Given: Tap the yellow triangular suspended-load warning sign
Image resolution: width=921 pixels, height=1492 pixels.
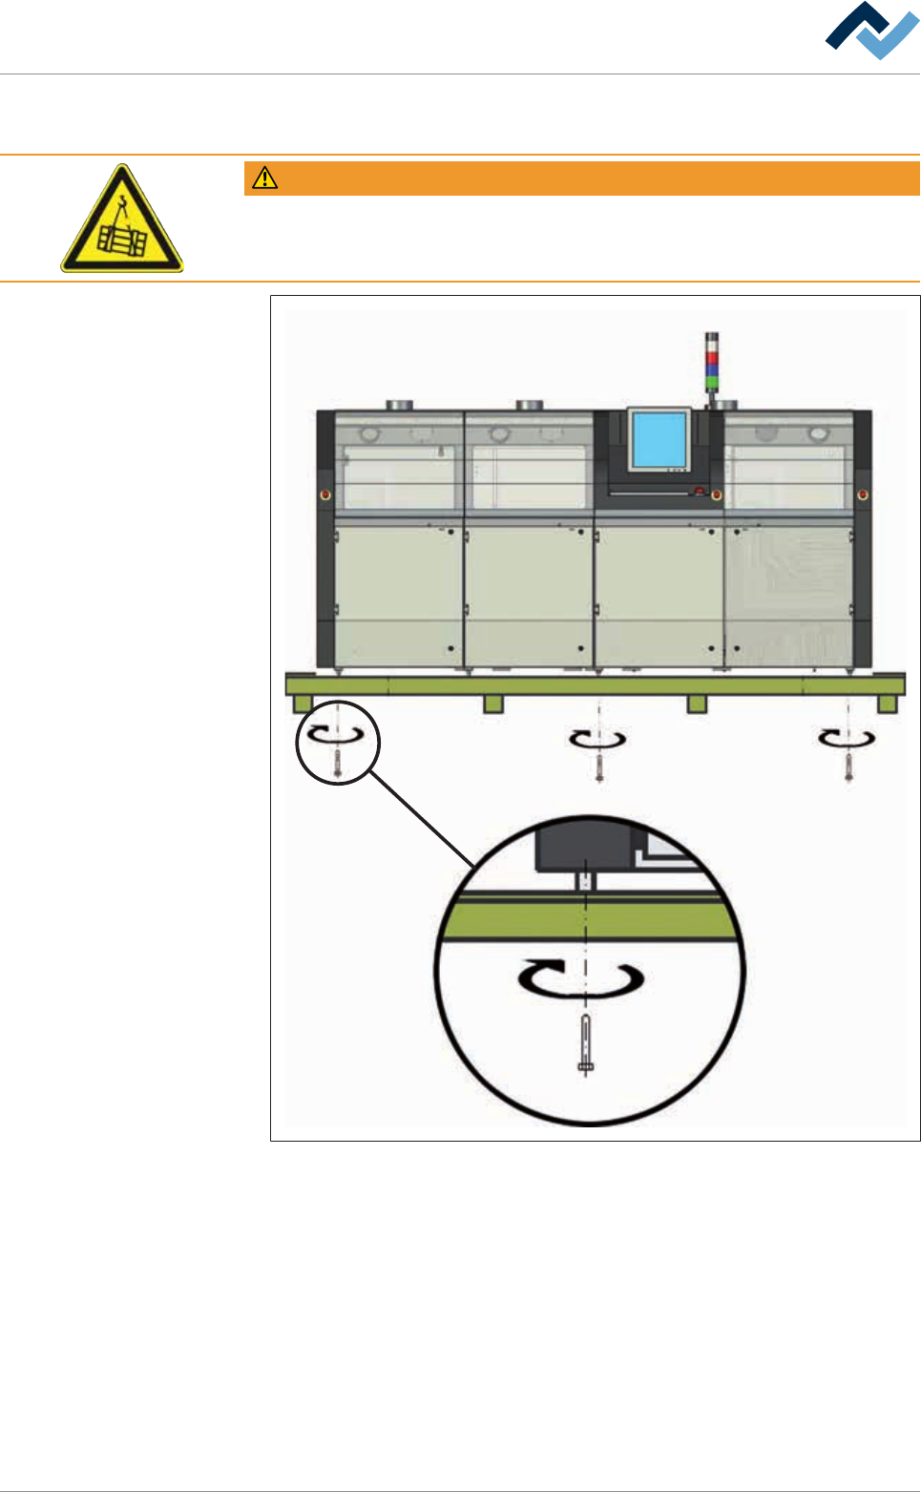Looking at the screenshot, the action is click(122, 221).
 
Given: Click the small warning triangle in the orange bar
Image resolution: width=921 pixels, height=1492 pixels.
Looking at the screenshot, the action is click(264, 179).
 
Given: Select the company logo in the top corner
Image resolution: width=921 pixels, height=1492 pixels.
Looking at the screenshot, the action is click(871, 32).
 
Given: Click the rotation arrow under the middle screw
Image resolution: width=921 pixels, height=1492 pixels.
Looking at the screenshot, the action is click(597, 738).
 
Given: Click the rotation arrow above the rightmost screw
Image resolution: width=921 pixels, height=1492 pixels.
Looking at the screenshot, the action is click(848, 737).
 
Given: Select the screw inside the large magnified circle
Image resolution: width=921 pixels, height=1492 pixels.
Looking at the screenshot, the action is click(586, 1045).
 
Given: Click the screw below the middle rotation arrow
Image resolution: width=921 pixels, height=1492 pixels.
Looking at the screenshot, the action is click(598, 766).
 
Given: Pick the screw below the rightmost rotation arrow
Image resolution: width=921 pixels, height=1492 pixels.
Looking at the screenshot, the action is click(848, 766).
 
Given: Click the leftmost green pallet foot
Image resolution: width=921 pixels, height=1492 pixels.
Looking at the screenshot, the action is click(303, 704).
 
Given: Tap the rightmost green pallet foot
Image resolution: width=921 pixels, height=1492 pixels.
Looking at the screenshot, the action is click(887, 704).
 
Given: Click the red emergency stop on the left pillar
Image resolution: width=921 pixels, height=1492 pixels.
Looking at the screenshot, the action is click(325, 494).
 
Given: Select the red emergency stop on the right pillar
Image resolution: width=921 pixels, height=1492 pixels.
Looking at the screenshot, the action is click(863, 494).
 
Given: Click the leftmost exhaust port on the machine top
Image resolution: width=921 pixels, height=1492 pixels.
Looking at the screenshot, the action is click(400, 405).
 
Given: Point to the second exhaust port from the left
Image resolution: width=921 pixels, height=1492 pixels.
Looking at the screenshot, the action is click(530, 405).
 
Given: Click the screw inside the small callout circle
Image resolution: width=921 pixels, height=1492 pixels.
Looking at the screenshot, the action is click(338, 763).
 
